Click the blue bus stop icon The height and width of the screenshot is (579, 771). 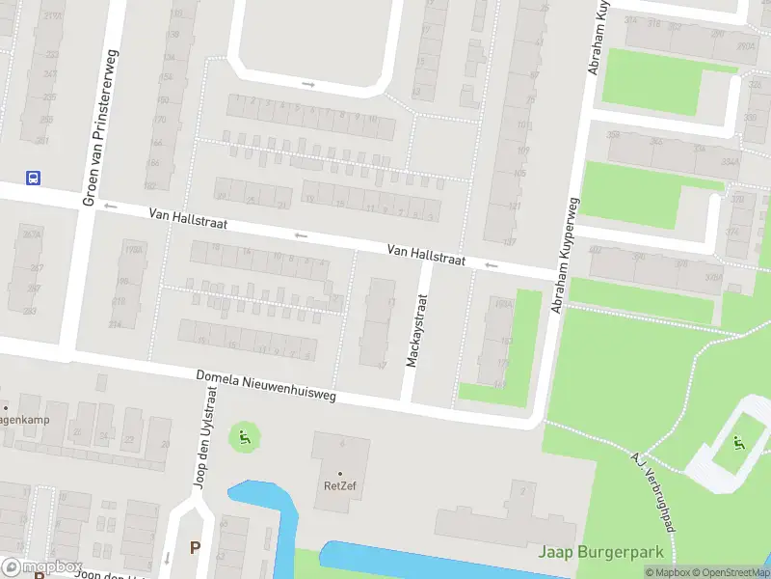tap(33, 177)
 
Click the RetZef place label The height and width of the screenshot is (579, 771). tap(339, 485)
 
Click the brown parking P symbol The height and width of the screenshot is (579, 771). tap(195, 547)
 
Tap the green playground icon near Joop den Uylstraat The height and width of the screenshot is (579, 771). tap(244, 439)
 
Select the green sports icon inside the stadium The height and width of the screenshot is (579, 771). tap(739, 443)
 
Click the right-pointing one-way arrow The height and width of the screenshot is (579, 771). tap(307, 84)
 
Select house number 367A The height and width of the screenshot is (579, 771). tap(32, 234)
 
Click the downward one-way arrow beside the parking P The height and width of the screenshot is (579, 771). tap(168, 557)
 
